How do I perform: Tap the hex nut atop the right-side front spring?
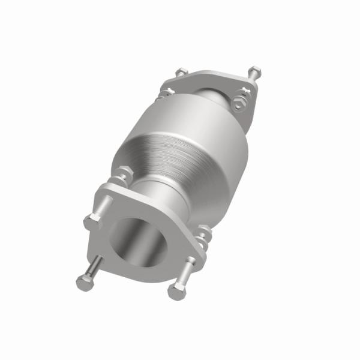tap(205, 230)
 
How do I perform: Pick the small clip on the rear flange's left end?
tap(167, 91)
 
